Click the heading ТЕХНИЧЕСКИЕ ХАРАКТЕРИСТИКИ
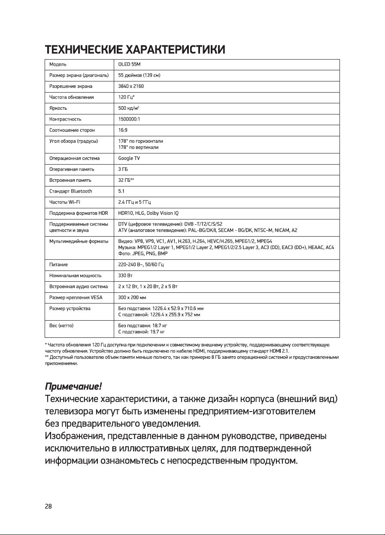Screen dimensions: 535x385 (x=135, y=50)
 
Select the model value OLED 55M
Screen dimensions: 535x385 (x=129, y=64)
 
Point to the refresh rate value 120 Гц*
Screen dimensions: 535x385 (x=127, y=97)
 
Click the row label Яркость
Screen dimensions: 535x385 (x=58, y=108)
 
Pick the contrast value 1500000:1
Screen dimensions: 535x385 (x=129, y=119)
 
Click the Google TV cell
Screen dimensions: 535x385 (x=129, y=158)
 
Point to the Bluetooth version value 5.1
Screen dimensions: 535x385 (x=121, y=191)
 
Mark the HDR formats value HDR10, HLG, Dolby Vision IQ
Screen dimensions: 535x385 (x=154, y=213)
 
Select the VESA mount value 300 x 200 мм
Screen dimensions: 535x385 (x=133, y=297)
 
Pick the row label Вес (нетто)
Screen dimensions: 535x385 (x=61, y=326)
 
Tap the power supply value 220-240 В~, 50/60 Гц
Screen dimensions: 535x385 (x=141, y=264)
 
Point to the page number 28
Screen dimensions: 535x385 (x=49, y=506)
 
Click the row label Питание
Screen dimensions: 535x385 (x=59, y=264)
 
